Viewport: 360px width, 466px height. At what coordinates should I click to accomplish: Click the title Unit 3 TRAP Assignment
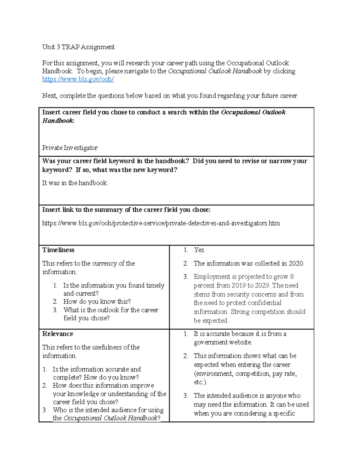(78, 47)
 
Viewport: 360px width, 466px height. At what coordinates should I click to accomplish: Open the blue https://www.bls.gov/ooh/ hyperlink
(78, 79)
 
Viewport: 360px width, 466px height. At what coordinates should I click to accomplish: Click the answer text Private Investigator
(70, 148)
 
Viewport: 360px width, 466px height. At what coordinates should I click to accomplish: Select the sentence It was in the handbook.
(75, 183)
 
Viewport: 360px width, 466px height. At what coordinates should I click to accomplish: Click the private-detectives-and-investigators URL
(161, 223)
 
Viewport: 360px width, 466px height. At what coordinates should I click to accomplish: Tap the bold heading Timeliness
(58, 250)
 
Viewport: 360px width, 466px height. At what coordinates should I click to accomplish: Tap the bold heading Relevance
(58, 334)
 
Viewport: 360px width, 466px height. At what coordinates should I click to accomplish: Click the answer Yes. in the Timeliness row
(199, 250)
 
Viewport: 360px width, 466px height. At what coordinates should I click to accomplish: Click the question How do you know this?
(97, 301)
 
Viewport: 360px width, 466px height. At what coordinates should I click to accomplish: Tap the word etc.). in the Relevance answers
(200, 382)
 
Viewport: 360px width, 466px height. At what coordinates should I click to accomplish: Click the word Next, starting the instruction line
(49, 96)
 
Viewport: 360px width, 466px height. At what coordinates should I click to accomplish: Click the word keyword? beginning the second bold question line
(57, 170)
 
